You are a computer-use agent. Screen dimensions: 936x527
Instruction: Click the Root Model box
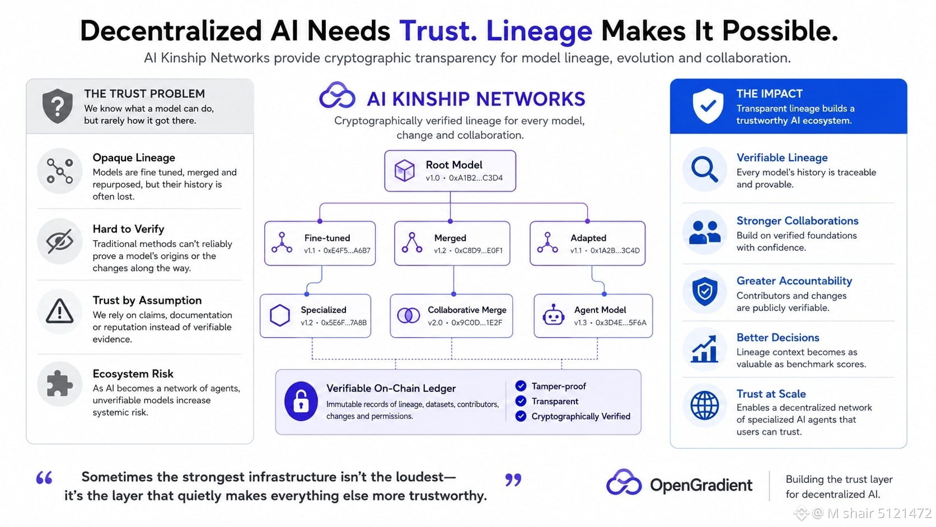pos(450,171)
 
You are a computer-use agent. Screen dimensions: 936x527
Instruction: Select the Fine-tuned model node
pos(320,243)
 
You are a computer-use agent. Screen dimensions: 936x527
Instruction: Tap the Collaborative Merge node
pos(451,316)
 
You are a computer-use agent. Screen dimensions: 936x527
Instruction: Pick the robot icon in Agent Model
pos(553,315)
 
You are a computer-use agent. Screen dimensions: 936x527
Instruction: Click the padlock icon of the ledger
pos(301,401)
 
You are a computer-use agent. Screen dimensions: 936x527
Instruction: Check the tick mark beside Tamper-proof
pos(521,386)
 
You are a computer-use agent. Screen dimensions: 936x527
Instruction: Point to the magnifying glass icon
pos(704,169)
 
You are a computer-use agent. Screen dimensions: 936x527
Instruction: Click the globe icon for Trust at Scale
pos(704,405)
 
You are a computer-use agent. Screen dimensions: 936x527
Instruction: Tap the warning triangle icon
pos(60,311)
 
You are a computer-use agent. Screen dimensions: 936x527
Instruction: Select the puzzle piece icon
pos(60,384)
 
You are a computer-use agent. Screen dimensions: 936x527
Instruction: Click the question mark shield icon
pos(58,106)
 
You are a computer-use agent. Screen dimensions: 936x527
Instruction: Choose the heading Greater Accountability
pos(794,281)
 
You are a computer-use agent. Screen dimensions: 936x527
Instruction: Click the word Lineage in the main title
pos(539,31)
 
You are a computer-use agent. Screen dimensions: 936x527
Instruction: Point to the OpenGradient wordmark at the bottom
pos(701,485)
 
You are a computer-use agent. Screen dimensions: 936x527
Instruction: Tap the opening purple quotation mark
pos(44,478)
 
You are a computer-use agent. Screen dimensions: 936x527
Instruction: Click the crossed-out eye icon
pos(60,241)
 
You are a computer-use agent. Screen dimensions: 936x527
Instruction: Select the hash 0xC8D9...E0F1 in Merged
pos(479,250)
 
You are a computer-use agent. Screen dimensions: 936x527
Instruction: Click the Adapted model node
pos(587,243)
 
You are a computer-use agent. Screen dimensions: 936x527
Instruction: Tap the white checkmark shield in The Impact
pos(708,106)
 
